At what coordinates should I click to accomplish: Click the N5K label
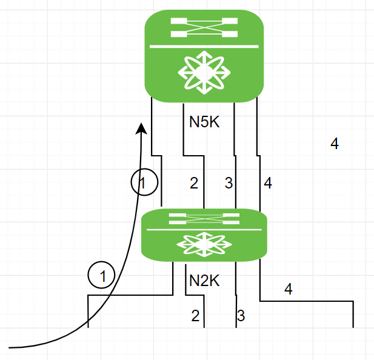coord(204,122)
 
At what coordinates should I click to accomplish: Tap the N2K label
coord(204,281)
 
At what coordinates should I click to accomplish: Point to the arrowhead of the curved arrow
coord(141,128)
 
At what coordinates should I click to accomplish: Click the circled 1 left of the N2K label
coord(102,276)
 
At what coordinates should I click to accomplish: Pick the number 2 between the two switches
coord(194,183)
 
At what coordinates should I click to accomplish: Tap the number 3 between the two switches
coord(229,183)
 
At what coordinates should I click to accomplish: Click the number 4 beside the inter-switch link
coord(268,183)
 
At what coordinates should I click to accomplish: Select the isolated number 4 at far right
coord(335,144)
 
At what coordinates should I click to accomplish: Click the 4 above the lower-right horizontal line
coord(289,289)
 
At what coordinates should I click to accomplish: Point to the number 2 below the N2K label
coord(195,315)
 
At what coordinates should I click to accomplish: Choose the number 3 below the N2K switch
coord(241,315)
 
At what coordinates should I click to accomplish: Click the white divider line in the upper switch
coord(204,46)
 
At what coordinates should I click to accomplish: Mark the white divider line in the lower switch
coord(204,230)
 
